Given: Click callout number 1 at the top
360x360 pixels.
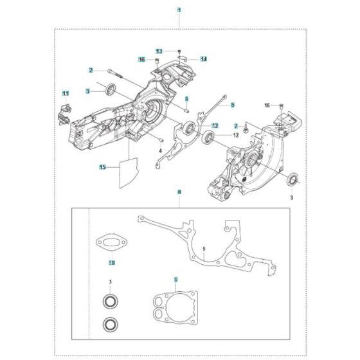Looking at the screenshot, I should [179, 10].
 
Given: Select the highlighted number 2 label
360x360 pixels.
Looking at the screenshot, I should [91, 70].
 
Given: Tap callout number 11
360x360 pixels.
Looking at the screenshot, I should [65, 94].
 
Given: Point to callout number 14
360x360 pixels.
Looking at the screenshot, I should [203, 59].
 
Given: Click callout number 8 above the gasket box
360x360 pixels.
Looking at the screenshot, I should [179, 192].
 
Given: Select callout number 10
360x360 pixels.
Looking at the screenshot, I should [111, 263].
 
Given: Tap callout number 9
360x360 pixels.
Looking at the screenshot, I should [177, 280].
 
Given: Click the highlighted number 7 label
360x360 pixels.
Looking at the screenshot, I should [237, 125].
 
